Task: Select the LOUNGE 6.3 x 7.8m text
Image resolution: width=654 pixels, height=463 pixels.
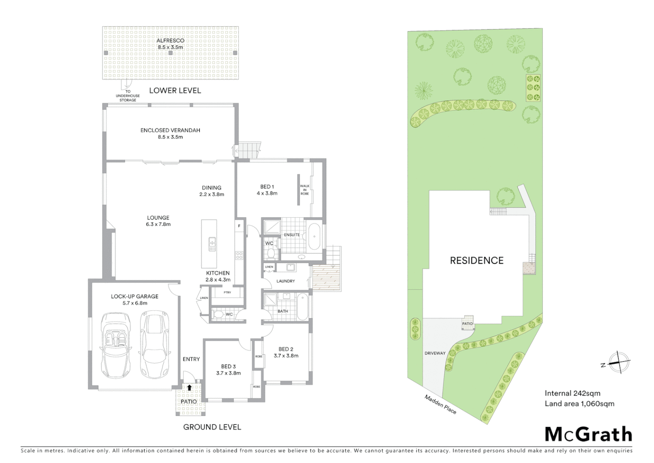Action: coord(158,221)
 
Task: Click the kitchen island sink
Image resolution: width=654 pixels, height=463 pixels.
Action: coord(212,244)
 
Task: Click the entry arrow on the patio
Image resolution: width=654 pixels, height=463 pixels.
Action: coord(189,388)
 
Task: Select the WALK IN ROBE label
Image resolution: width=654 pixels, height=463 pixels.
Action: coord(304,190)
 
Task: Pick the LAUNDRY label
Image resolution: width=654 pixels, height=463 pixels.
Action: coord(285,281)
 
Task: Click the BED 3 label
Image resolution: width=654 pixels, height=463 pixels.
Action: coord(229,367)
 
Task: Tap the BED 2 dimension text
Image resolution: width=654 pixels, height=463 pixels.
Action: coord(286,355)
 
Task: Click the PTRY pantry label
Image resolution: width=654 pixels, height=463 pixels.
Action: coord(227,292)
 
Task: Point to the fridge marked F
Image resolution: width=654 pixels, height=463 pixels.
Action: coord(239,226)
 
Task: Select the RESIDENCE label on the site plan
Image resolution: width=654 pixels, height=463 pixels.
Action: coord(476,260)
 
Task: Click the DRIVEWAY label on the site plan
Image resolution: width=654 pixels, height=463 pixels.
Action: coord(435,353)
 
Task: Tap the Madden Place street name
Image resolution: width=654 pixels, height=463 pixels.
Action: coord(440,404)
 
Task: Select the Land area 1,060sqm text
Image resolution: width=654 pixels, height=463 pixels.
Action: coord(579,403)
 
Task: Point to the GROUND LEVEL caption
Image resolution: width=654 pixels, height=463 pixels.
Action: coord(212,427)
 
